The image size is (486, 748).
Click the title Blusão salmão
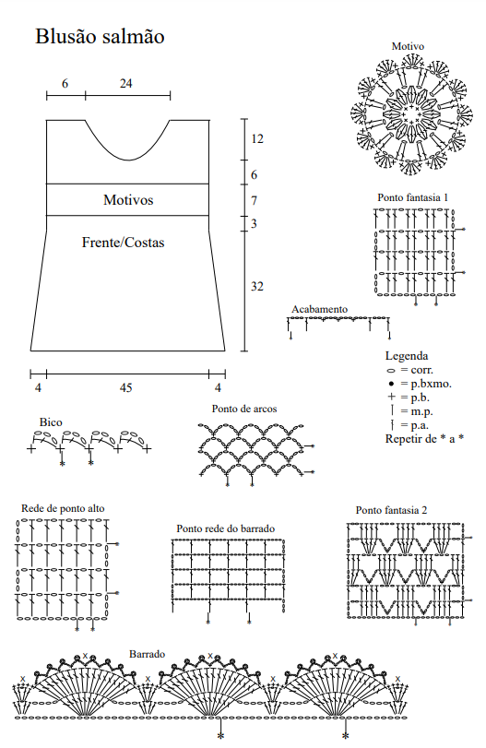(x=100, y=37)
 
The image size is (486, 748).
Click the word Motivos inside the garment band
(x=128, y=199)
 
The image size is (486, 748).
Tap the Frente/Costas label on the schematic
(x=123, y=243)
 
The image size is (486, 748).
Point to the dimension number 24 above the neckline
(x=126, y=84)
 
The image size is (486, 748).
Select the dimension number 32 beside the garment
(x=257, y=286)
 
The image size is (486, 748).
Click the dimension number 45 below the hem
(x=126, y=387)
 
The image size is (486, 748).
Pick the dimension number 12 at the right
(x=257, y=139)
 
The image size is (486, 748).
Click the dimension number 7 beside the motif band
(x=255, y=201)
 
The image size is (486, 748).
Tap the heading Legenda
(x=407, y=356)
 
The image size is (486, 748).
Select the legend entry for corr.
(x=409, y=370)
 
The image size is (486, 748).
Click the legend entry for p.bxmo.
(x=419, y=384)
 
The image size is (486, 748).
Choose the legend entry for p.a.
(x=409, y=425)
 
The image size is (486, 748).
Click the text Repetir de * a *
(x=424, y=438)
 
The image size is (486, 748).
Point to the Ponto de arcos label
(x=244, y=409)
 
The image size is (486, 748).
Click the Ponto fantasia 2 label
(x=391, y=510)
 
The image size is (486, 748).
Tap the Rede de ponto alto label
(x=63, y=508)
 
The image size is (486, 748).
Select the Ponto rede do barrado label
(x=226, y=528)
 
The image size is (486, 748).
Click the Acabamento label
(x=320, y=309)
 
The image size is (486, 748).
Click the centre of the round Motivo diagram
(x=411, y=114)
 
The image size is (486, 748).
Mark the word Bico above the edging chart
(x=51, y=422)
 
